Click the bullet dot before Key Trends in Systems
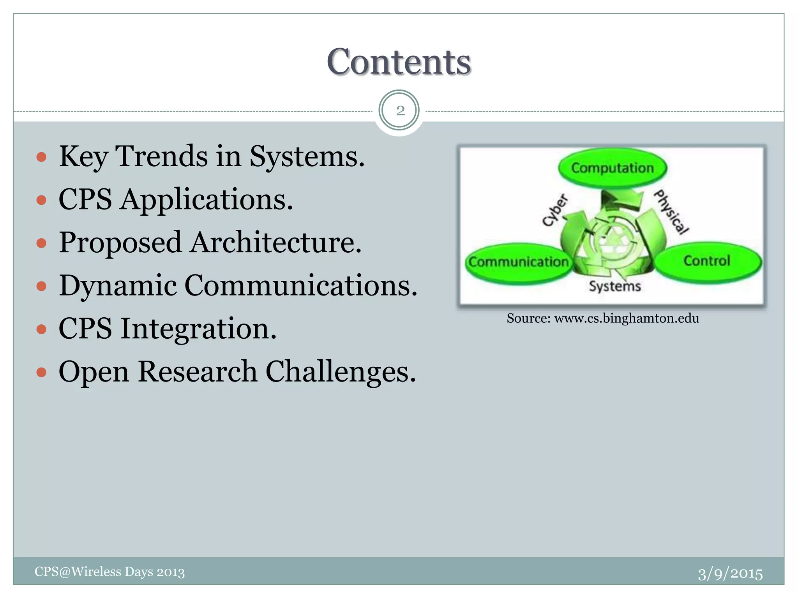(x=41, y=157)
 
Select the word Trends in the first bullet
(x=162, y=157)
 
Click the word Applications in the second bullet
(x=207, y=200)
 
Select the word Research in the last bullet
(x=197, y=372)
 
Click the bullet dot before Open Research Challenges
(x=41, y=373)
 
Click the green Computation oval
(x=612, y=168)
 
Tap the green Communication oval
(x=518, y=262)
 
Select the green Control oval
(x=707, y=261)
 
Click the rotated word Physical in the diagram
(x=671, y=212)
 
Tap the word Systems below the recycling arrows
(x=614, y=287)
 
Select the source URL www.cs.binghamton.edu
(x=626, y=318)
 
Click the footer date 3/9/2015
(x=730, y=574)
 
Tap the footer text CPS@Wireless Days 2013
(x=109, y=572)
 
